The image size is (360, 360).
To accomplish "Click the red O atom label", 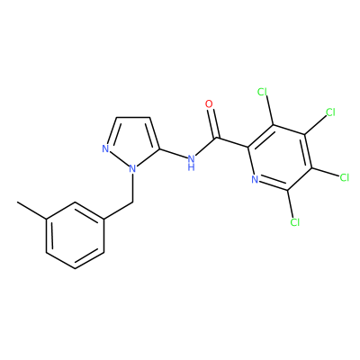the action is point(209,104).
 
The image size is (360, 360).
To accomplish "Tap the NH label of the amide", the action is point(191,162).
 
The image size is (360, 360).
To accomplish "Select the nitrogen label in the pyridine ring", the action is point(255,179).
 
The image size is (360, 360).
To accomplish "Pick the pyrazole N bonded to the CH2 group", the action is point(132,169).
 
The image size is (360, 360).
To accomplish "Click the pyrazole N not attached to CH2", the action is point(105,148).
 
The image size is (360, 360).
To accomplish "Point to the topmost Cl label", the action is point(263,92).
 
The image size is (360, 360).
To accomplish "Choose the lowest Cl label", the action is point(295,222).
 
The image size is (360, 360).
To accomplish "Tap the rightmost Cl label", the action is point(345,177).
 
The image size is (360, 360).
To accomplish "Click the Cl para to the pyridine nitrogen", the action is point(330,112).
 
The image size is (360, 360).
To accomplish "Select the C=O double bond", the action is point(213,123).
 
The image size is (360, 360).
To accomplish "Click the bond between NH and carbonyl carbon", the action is point(206,147).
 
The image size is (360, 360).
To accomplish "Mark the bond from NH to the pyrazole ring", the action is point(173,153).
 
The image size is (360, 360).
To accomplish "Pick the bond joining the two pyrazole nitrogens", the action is point(119,158).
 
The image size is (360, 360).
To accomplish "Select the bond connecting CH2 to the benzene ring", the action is point(119,211).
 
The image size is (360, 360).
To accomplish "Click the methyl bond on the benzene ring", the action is point(31,211).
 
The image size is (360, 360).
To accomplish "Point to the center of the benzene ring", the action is point(76,236).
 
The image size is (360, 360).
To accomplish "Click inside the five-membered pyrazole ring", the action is point(132,141).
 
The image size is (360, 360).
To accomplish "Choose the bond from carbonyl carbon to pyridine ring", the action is point(233,142).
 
